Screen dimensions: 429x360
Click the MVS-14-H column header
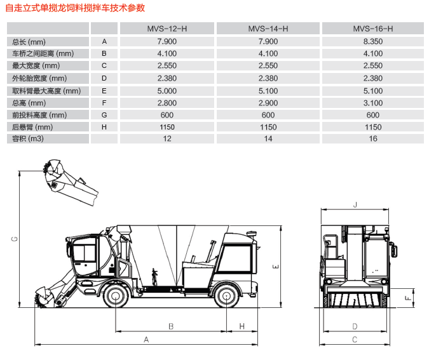pyautogui.click(x=268, y=29)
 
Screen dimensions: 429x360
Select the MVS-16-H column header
pyautogui.click(x=372, y=29)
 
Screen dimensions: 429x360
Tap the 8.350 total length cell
pyautogui.click(x=372, y=41)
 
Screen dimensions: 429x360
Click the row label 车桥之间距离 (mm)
pyautogui.click(x=43, y=53)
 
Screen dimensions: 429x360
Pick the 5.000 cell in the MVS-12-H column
pyautogui.click(x=167, y=91)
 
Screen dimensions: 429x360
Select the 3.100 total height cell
pyautogui.click(x=372, y=103)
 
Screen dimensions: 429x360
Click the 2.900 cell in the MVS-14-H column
pyautogui.click(x=268, y=103)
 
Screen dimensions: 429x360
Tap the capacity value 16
pyautogui.click(x=372, y=138)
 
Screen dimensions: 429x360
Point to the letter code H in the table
pyautogui.click(x=104, y=127)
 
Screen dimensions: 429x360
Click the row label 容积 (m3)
pyautogui.click(x=27, y=138)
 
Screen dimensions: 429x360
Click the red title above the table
pyautogui.click(x=75, y=8)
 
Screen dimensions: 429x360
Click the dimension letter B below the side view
pyautogui.click(x=171, y=326)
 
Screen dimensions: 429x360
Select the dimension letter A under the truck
pyautogui.click(x=146, y=340)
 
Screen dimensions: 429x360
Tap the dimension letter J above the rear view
pyautogui.click(x=355, y=204)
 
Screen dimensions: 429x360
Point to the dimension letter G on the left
pyautogui.click(x=14, y=239)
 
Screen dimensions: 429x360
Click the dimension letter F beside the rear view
pyautogui.click(x=408, y=298)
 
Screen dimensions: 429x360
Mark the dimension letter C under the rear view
pyautogui.click(x=355, y=340)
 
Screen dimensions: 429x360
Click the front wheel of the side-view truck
pyautogui.click(x=116, y=296)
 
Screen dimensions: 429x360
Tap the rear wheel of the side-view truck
pyautogui.click(x=226, y=296)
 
